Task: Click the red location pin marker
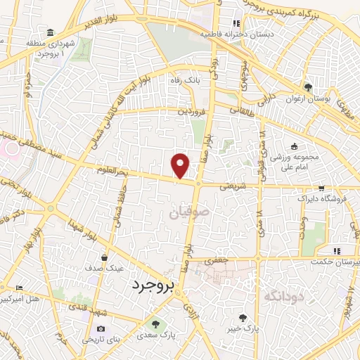tap(181, 165)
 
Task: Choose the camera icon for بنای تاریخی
tap(101, 328)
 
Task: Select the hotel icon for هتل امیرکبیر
tap(19, 288)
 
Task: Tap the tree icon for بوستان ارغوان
tap(308, 87)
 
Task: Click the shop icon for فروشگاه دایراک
tap(322, 188)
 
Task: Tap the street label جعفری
tap(217, 260)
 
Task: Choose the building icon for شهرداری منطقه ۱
tap(50, 33)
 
